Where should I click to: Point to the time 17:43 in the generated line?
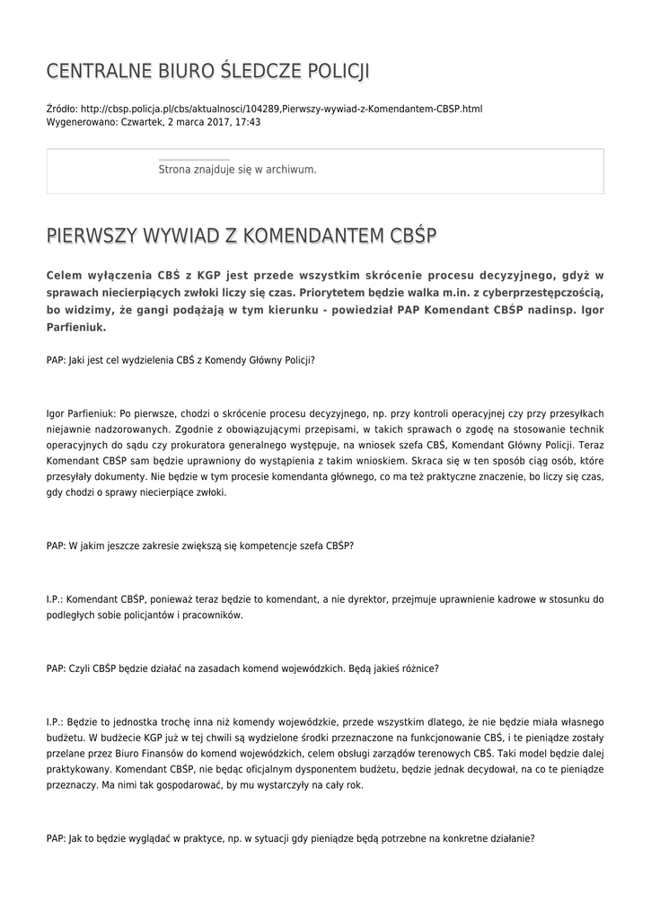tap(248, 121)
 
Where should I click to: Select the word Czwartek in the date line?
tap(143, 121)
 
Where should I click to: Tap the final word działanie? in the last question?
tap(511, 838)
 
